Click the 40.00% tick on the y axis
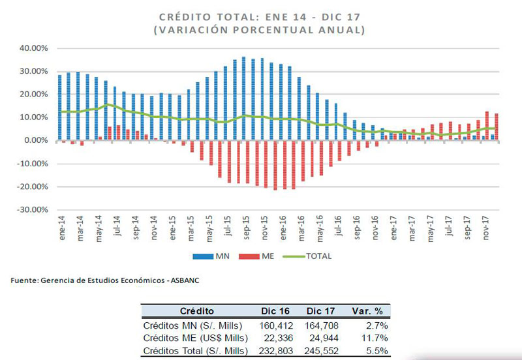(34, 48)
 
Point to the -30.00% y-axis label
(32, 210)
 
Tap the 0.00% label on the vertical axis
(36, 140)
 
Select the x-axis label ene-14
(62, 228)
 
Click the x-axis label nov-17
(486, 228)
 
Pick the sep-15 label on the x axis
(246, 228)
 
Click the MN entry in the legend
(211, 256)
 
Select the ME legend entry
(256, 256)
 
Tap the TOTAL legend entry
(307, 256)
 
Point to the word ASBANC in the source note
(185, 280)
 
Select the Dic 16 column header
(275, 311)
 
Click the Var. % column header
(367, 311)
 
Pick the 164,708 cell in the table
(321, 325)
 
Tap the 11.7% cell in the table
(375, 338)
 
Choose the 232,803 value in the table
(276, 351)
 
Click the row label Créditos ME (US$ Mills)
(195, 338)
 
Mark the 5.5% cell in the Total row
(379, 351)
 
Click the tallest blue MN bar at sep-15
(243, 98)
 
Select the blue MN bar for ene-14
(60, 108)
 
